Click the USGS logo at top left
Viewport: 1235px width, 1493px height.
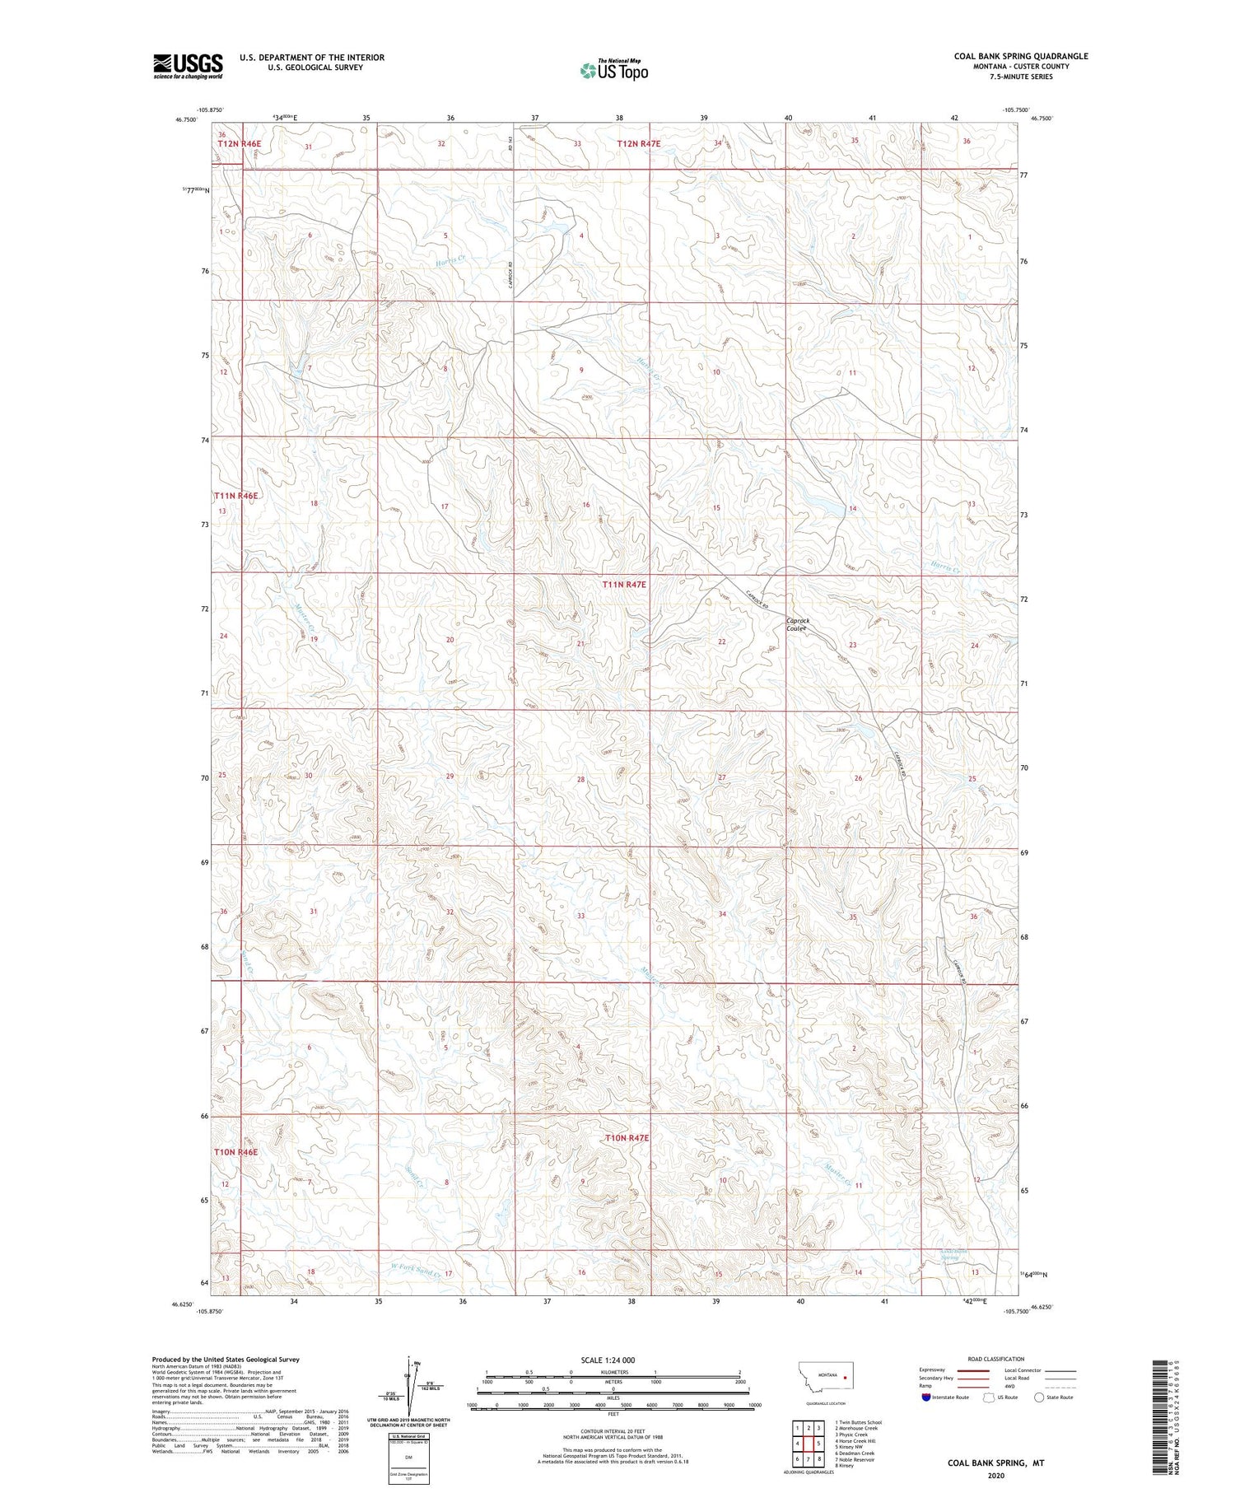click(x=188, y=66)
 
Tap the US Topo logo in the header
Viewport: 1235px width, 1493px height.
click(x=613, y=71)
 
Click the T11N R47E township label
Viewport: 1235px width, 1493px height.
click(x=624, y=584)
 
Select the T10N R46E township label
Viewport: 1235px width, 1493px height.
click(x=236, y=1151)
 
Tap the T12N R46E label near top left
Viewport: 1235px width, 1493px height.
click(x=239, y=144)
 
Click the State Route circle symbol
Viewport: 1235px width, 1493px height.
click(x=1039, y=1397)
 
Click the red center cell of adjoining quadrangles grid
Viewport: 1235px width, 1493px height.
click(x=809, y=1443)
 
